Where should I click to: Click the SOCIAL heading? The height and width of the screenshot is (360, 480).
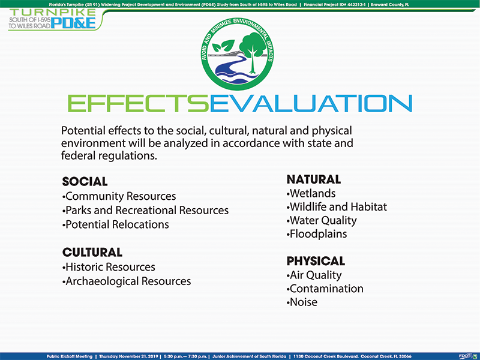[85, 182]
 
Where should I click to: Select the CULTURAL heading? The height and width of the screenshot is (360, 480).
[92, 253]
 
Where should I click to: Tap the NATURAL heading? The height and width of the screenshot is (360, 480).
[313, 179]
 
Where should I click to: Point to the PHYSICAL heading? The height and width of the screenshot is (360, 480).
[316, 261]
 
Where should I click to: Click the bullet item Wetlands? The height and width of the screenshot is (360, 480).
[311, 193]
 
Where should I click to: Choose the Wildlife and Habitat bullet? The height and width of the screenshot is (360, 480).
[337, 207]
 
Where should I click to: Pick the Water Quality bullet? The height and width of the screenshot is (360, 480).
[322, 221]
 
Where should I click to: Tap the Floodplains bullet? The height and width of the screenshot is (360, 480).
[317, 234]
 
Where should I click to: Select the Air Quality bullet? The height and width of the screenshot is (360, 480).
[314, 275]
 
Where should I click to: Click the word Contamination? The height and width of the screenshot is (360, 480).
[326, 289]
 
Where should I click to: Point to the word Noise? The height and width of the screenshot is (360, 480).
[304, 302]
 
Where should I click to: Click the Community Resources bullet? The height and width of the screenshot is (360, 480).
[119, 196]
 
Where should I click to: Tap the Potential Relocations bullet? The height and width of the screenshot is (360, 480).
[115, 224]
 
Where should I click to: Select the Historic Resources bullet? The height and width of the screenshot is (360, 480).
[109, 267]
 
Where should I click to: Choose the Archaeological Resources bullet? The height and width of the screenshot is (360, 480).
[127, 281]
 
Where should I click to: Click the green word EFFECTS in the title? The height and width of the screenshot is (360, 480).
[139, 103]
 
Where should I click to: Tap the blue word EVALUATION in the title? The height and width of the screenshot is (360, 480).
[311, 103]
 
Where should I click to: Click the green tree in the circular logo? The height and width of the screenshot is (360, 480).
[252, 52]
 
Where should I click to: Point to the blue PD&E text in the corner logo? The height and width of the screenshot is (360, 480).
[73, 23]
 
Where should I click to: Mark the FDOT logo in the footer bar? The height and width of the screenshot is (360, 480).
[467, 356]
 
